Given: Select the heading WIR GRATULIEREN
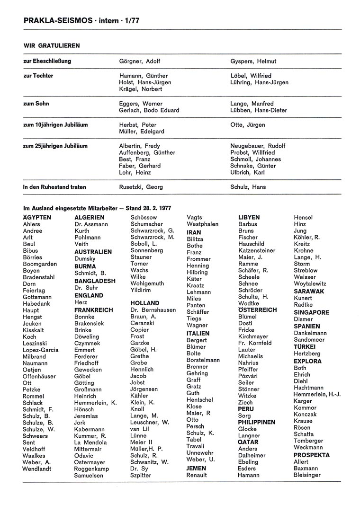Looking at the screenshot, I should pyautogui.click(x=52, y=46).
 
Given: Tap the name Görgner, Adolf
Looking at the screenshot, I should pyautogui.click(x=139, y=62).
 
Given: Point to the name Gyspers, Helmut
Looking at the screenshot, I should pyautogui.click(x=253, y=62).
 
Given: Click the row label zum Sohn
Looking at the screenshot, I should pyautogui.click(x=36, y=104).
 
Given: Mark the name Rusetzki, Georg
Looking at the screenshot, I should pyautogui.click(x=141, y=187).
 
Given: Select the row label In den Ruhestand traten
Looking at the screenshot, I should pyautogui.click(x=55, y=187).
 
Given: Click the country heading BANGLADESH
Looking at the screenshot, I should pyautogui.click(x=95, y=281).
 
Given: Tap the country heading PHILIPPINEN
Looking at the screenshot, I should pyautogui.click(x=257, y=422).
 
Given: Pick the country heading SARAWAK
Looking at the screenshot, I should pyautogui.click(x=309, y=292).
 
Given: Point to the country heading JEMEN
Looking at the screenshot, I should pyautogui.click(x=197, y=469).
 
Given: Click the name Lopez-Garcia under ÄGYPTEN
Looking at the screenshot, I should pyautogui.click(x=41, y=350).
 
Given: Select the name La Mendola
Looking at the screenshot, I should pyautogui.click(x=90, y=442).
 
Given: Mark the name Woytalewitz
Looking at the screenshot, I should pyautogui.click(x=310, y=283).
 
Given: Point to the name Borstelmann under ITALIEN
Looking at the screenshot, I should pyautogui.click(x=203, y=360).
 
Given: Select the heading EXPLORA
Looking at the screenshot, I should pyautogui.click(x=307, y=361).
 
